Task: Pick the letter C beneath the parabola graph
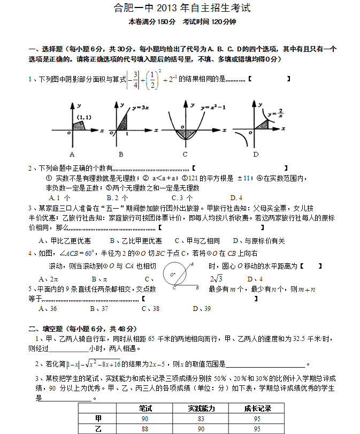[185, 155]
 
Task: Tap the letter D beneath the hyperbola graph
[256, 155]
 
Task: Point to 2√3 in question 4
[216, 278]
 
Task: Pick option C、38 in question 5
[150, 308]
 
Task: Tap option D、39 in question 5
[202, 308]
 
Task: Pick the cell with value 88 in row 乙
[145, 429]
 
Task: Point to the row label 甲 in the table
[98, 418]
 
